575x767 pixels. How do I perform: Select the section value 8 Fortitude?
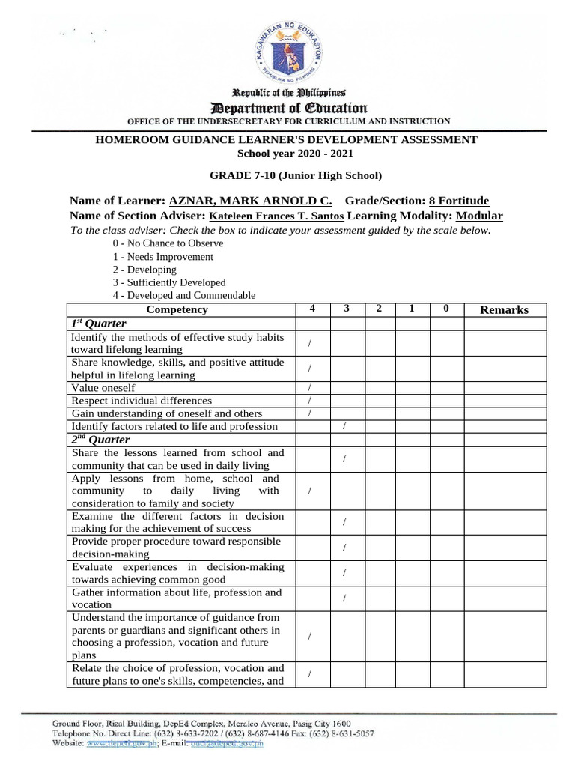click(x=458, y=201)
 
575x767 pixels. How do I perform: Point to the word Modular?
click(x=479, y=216)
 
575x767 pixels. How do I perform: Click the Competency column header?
click(x=177, y=309)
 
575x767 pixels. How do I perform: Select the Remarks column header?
click(x=504, y=309)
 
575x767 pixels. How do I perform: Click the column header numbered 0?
click(x=445, y=309)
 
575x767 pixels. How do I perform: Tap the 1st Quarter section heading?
click(x=98, y=324)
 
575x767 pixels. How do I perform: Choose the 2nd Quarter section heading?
click(x=100, y=440)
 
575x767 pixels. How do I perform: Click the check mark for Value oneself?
click(x=310, y=387)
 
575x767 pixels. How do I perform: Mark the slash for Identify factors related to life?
click(x=344, y=426)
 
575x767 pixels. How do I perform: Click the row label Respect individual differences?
click(x=142, y=401)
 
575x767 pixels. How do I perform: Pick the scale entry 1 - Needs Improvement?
click(x=162, y=256)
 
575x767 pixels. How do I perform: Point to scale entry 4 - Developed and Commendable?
click(x=183, y=295)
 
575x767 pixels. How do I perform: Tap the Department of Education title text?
click(x=288, y=108)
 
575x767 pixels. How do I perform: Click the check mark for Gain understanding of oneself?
click(x=310, y=413)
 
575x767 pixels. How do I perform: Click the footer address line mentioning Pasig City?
click(x=201, y=724)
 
